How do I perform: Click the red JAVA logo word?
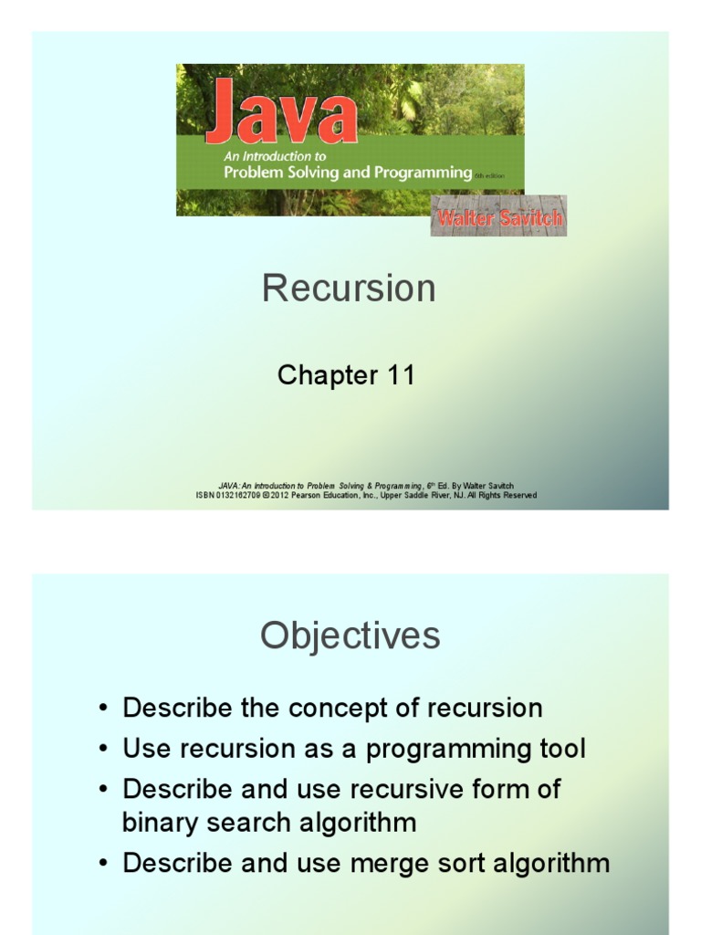tap(280, 112)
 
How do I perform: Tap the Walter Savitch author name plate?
tap(498, 218)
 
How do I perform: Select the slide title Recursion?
tap(349, 289)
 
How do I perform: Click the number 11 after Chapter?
tap(400, 375)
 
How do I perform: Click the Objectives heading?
tap(350, 636)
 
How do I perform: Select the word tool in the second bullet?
tap(558, 750)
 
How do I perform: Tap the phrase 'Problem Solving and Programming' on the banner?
tap(348, 173)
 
